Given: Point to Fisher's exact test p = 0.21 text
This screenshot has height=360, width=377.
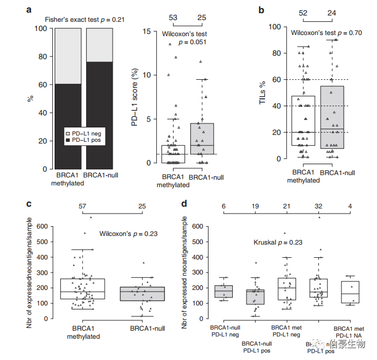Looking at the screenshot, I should coord(86,20).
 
